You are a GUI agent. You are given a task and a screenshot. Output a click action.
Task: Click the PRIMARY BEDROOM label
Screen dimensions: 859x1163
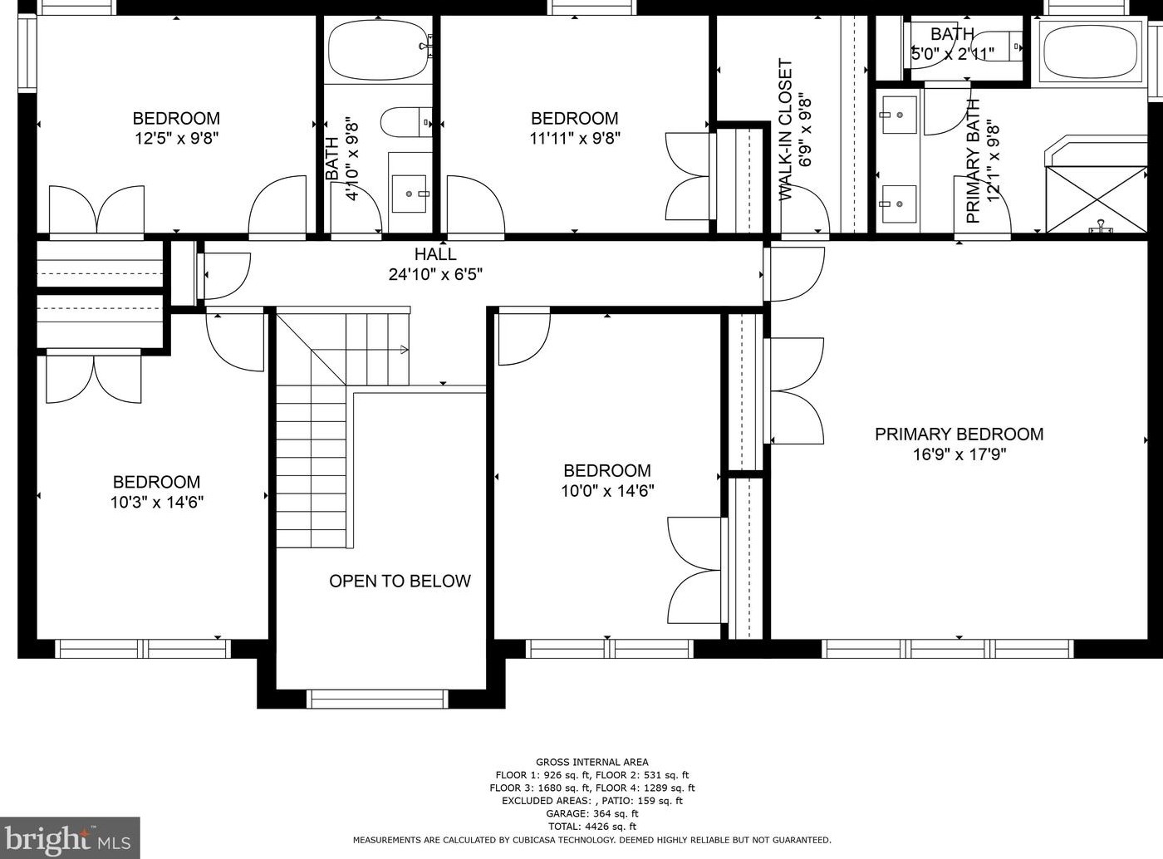(x=959, y=434)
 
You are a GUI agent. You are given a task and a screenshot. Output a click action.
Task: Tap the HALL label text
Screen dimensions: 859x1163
(x=435, y=254)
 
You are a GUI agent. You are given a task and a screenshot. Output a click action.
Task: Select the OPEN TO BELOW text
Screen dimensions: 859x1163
(x=400, y=581)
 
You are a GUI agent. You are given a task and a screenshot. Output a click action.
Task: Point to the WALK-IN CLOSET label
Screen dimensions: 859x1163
(x=785, y=130)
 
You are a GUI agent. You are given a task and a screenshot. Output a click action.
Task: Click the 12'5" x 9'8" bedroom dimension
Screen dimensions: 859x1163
(x=176, y=138)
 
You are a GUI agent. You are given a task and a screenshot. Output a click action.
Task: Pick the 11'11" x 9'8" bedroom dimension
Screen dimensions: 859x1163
(x=575, y=138)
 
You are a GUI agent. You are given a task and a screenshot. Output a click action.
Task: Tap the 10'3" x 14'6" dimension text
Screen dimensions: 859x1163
(x=156, y=502)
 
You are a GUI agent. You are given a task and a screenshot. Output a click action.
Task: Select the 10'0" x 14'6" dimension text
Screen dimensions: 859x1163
(x=607, y=491)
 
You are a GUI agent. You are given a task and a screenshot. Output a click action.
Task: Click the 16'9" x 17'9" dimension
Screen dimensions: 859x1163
(x=959, y=454)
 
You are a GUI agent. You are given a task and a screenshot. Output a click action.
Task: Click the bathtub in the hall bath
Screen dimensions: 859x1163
(x=378, y=50)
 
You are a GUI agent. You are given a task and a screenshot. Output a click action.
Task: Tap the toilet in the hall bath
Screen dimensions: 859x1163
(x=406, y=122)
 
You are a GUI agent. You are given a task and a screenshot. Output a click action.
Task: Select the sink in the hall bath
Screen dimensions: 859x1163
(x=410, y=194)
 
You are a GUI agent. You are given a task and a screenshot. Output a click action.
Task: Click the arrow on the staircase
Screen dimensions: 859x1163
(x=404, y=350)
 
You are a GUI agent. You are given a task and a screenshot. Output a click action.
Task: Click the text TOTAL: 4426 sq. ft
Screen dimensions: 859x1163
(x=591, y=827)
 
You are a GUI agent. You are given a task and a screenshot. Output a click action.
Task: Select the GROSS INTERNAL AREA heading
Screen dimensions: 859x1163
(x=591, y=762)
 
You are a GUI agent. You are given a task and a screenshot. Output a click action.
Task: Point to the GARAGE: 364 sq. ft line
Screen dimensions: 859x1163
(x=591, y=813)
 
